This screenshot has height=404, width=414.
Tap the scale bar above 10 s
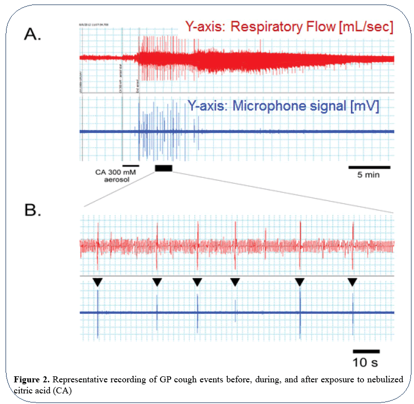pos(366,351)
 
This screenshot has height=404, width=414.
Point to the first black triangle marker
pos(97,283)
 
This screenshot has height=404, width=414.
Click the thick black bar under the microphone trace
pos(164,168)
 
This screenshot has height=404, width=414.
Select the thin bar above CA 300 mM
pos(130,165)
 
